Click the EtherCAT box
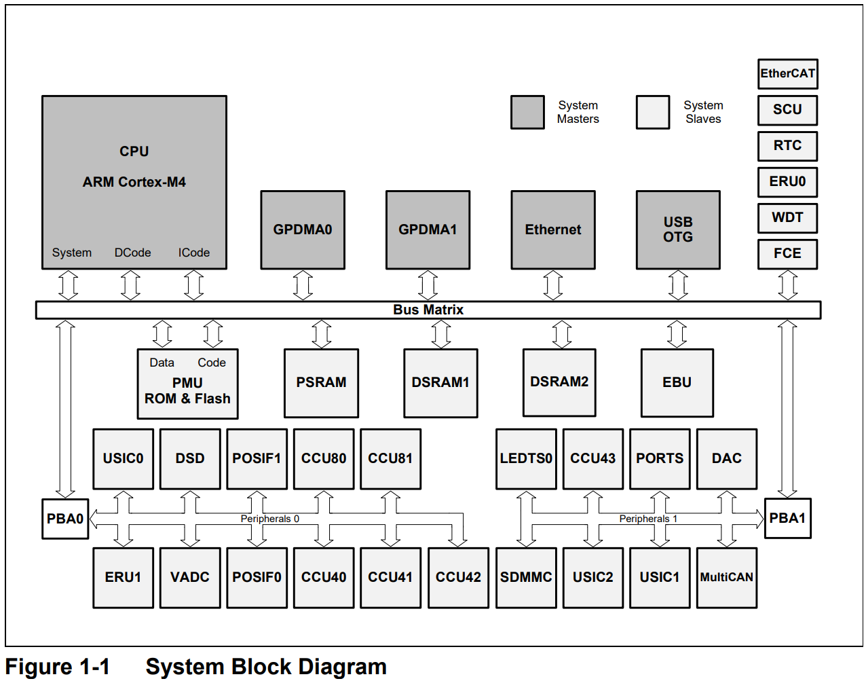[787, 74]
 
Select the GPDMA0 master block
[303, 229]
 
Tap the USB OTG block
[678, 229]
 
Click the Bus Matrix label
[428, 310]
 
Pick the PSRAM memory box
[321, 383]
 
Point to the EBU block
[677, 383]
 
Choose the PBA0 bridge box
[65, 519]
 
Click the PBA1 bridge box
[787, 518]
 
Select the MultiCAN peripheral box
[726, 578]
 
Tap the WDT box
[787, 218]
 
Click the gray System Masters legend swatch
[527, 112]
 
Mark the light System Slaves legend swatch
[653, 112]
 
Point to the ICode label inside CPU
[194, 253]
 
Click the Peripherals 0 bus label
[269, 519]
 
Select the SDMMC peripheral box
[526, 578]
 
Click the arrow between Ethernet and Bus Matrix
[553, 285]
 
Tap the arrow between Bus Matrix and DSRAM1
[441, 334]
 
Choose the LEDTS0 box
[526, 459]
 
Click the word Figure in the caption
[39, 667]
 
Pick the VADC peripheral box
[190, 578]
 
